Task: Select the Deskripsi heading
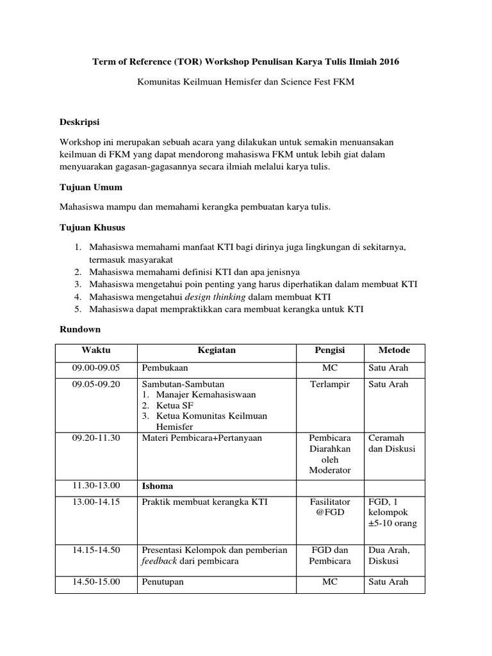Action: [79, 122]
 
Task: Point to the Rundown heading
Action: [80, 329]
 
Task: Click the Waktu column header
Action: [95, 350]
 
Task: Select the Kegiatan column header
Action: [217, 350]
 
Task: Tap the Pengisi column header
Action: [329, 350]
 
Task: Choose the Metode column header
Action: [394, 350]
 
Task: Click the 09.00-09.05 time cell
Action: [96, 368]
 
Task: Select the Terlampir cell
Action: [329, 384]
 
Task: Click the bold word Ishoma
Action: [157, 486]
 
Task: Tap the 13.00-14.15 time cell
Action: [96, 502]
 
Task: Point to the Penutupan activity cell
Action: [165, 582]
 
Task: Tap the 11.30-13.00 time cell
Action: [96, 486]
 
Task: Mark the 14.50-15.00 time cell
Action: [96, 582]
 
